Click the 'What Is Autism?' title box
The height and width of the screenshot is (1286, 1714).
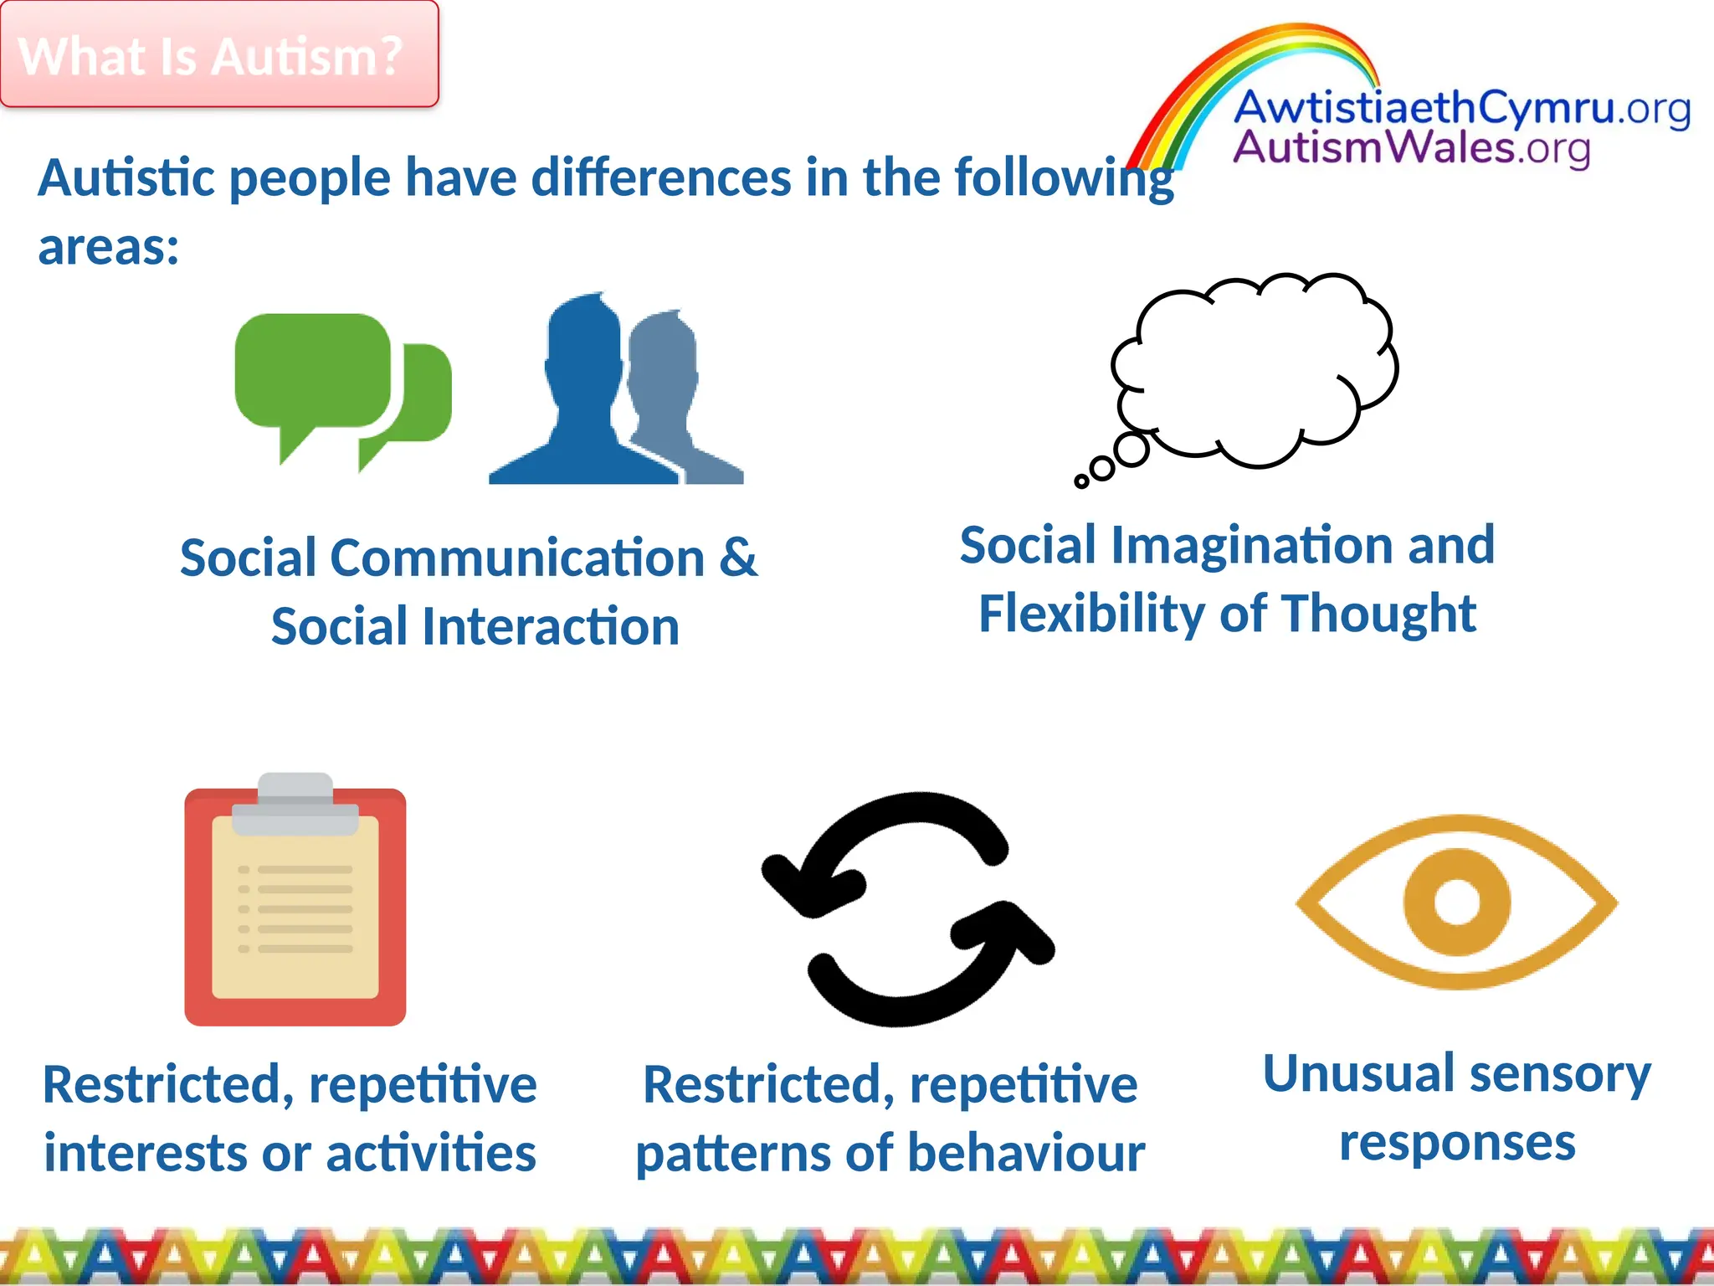point(218,55)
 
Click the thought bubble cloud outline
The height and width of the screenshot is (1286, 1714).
point(1255,368)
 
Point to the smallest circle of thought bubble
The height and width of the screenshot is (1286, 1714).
point(1081,481)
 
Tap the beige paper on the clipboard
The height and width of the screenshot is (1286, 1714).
point(295,921)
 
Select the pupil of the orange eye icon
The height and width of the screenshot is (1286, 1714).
point(1456,903)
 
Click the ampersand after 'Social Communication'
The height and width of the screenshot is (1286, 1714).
point(737,558)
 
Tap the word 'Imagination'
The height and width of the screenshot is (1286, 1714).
point(1252,545)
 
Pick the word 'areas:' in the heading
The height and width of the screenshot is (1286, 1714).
point(109,248)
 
